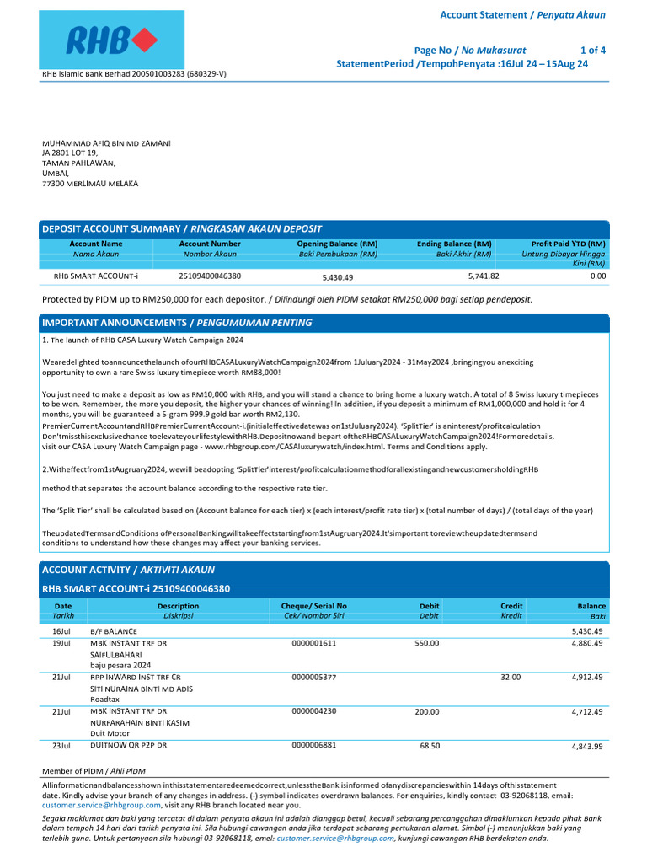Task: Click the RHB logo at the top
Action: [x=112, y=40]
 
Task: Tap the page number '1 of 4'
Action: [x=592, y=50]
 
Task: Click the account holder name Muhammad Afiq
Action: [x=106, y=143]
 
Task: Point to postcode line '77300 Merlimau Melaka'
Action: [x=90, y=183]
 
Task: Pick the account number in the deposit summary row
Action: [x=210, y=276]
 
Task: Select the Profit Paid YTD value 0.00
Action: [x=597, y=276]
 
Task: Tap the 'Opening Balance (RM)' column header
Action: [x=337, y=244]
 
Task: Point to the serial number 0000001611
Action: [x=313, y=643]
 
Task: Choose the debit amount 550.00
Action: [x=426, y=643]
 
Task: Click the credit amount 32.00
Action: [x=511, y=677]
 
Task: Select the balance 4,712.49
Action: [x=587, y=711]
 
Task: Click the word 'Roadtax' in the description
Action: [x=106, y=699]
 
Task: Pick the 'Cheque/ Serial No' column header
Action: [x=313, y=606]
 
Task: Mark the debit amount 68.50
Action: [x=430, y=746]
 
